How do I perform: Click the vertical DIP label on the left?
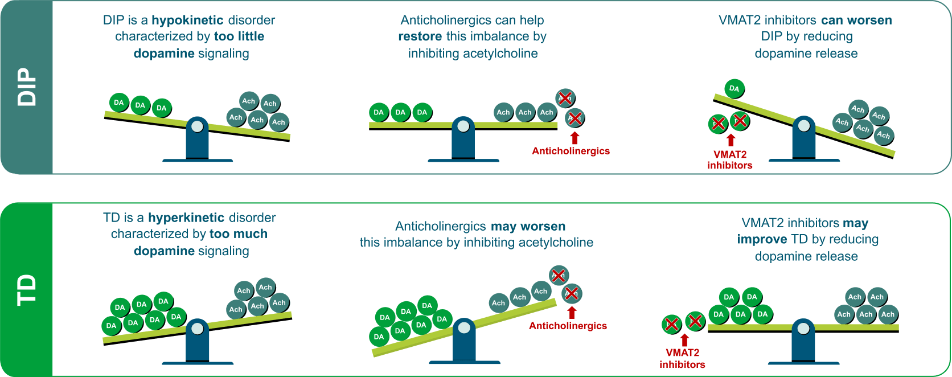(x=26, y=87)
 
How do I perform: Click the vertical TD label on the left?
(x=26, y=289)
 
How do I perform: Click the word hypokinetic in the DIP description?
(x=187, y=20)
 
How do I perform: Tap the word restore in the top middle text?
(x=420, y=36)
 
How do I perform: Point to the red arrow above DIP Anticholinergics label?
(x=575, y=138)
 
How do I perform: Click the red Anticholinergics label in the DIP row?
(x=571, y=151)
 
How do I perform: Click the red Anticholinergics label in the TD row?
(x=568, y=326)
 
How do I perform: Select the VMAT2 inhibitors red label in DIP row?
(x=729, y=159)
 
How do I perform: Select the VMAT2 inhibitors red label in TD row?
(x=682, y=358)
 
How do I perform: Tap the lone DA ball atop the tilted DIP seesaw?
(x=734, y=88)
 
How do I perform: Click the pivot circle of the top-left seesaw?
(x=197, y=126)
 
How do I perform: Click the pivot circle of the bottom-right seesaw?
(x=803, y=328)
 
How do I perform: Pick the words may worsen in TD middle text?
(x=528, y=226)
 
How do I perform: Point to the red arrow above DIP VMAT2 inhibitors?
(x=731, y=140)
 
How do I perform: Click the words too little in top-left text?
(x=239, y=36)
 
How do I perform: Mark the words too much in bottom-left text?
(x=238, y=234)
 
